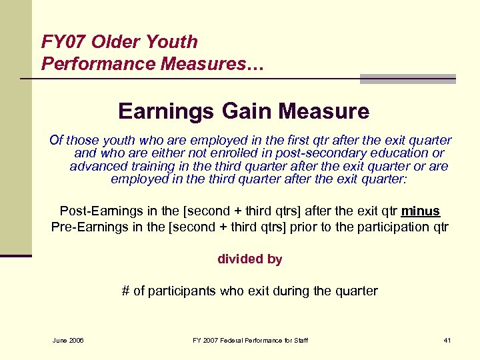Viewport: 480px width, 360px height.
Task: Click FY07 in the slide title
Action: point(63,42)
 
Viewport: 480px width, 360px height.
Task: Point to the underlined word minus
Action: point(420,211)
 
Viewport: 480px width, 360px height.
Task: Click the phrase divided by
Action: point(249,259)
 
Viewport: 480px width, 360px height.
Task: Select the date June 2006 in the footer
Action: point(67,341)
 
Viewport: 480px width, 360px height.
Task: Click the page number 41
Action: point(447,341)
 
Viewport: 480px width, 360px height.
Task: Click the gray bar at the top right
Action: point(407,79)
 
